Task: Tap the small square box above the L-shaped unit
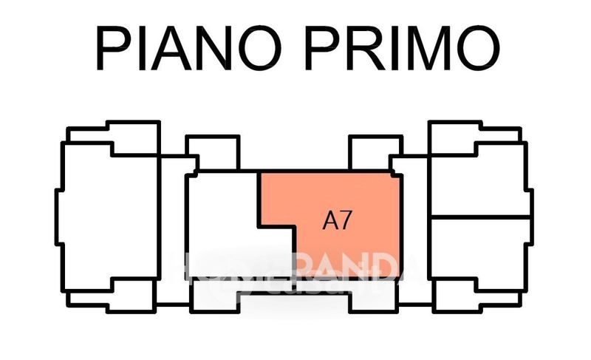coord(213,152)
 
